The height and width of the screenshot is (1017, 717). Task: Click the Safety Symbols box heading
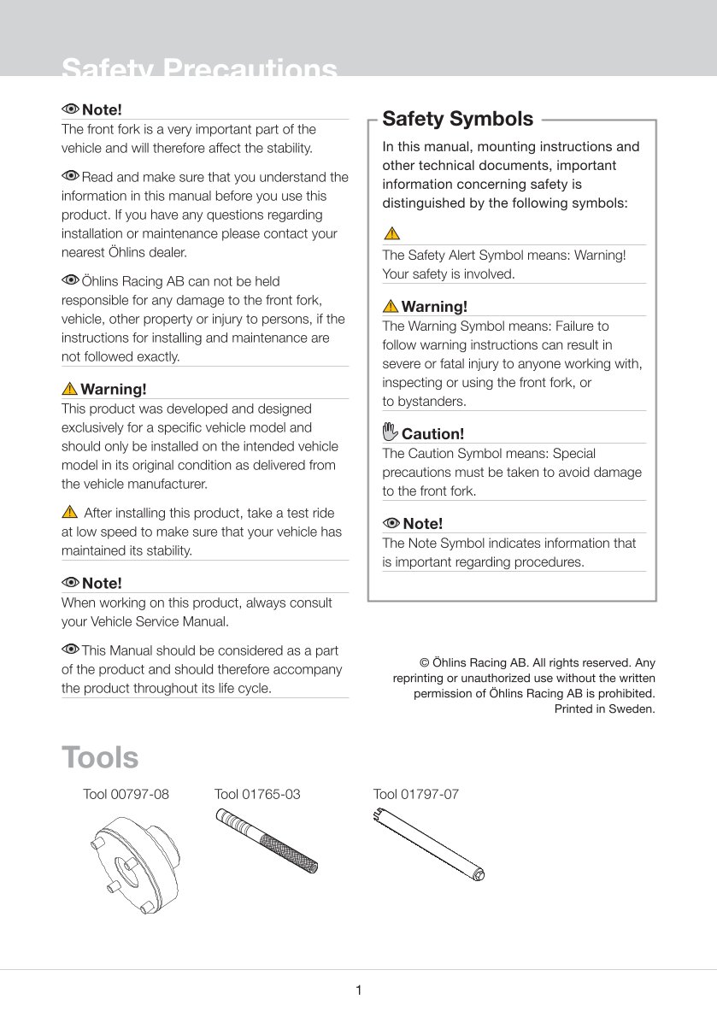point(457,119)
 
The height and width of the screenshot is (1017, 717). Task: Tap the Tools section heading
point(100,757)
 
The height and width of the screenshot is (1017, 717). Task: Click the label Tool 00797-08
point(126,794)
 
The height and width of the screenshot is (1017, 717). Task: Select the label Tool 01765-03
point(257,794)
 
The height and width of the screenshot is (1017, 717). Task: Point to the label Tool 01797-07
point(416,794)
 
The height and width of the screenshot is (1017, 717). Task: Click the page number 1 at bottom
point(359,991)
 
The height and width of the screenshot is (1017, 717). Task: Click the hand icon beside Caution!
point(391,432)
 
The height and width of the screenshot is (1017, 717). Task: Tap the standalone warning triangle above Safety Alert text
point(391,233)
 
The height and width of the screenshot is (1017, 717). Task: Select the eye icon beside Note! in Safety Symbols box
point(391,523)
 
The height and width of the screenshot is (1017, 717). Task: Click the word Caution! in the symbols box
point(432,433)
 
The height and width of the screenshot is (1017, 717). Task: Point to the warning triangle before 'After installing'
point(70,513)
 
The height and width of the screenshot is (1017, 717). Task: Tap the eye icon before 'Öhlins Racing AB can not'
point(70,280)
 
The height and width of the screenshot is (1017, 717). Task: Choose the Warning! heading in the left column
point(113,389)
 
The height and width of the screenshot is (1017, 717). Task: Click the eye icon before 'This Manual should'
point(70,650)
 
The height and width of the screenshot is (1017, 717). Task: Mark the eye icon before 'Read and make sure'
point(70,176)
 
